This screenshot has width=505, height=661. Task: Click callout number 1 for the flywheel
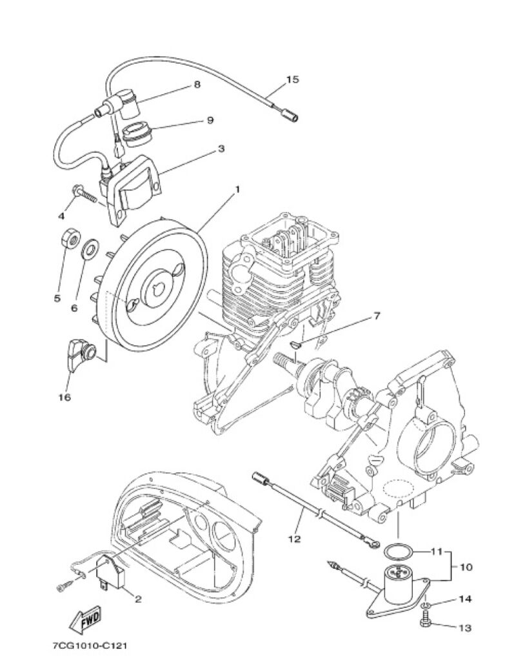237,190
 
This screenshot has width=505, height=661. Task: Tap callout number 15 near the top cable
293,79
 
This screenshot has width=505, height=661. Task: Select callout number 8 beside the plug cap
197,85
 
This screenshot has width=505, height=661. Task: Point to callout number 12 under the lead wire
295,539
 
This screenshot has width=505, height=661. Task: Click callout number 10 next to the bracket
466,567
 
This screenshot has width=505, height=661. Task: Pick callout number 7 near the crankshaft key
376,315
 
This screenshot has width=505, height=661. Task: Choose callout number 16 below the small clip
65,397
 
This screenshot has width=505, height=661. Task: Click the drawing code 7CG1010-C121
90,646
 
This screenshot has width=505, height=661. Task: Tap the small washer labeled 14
426,605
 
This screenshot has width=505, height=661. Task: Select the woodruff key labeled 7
297,345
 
